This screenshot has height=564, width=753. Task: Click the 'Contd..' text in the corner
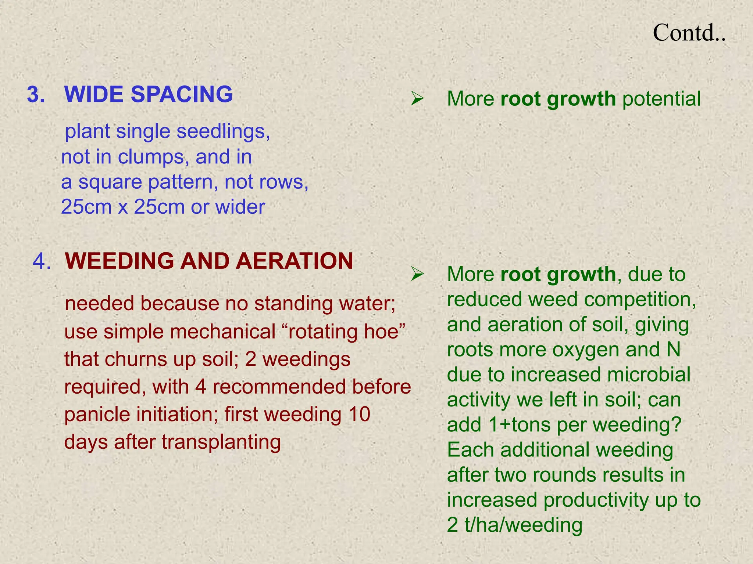[689, 33]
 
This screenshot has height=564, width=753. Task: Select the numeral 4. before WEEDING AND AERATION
[42, 261]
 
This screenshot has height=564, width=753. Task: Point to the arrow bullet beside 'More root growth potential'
[418, 99]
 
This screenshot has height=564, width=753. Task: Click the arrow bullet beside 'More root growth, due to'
[418, 274]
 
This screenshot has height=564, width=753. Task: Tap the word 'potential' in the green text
[661, 99]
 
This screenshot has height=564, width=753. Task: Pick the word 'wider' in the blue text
[240, 207]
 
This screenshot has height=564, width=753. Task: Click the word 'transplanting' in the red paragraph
[221, 442]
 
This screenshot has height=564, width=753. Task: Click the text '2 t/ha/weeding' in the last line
[515, 525]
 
